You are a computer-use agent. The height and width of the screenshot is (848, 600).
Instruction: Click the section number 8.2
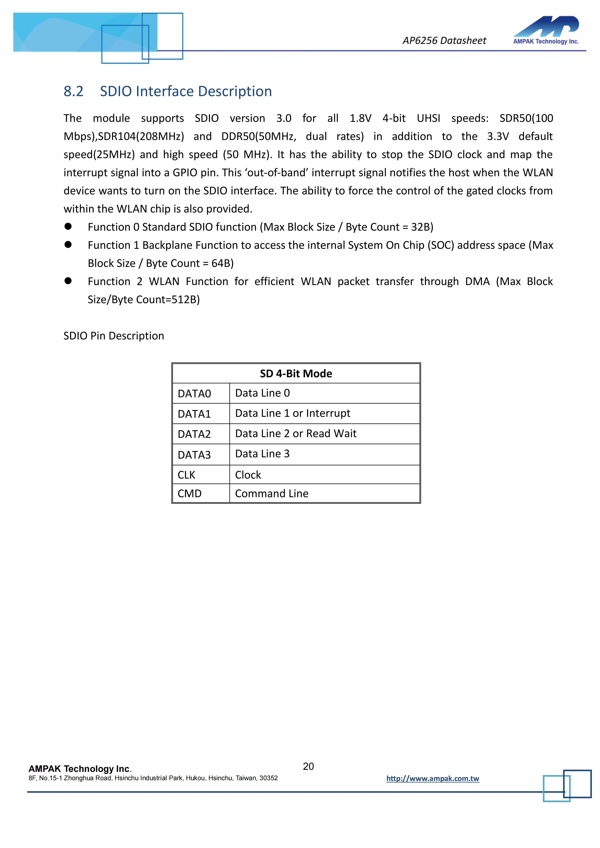[x=74, y=91]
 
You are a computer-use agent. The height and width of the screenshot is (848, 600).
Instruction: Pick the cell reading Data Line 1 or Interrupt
[x=293, y=413]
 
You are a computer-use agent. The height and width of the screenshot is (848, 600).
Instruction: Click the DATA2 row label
[x=194, y=434]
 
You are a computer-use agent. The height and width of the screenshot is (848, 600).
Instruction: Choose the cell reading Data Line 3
[x=262, y=454]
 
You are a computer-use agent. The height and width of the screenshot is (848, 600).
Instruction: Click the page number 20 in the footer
[x=308, y=766]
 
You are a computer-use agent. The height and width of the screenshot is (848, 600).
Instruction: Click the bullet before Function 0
[x=68, y=226]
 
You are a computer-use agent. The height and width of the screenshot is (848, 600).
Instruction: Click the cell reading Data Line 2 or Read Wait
[x=296, y=434]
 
